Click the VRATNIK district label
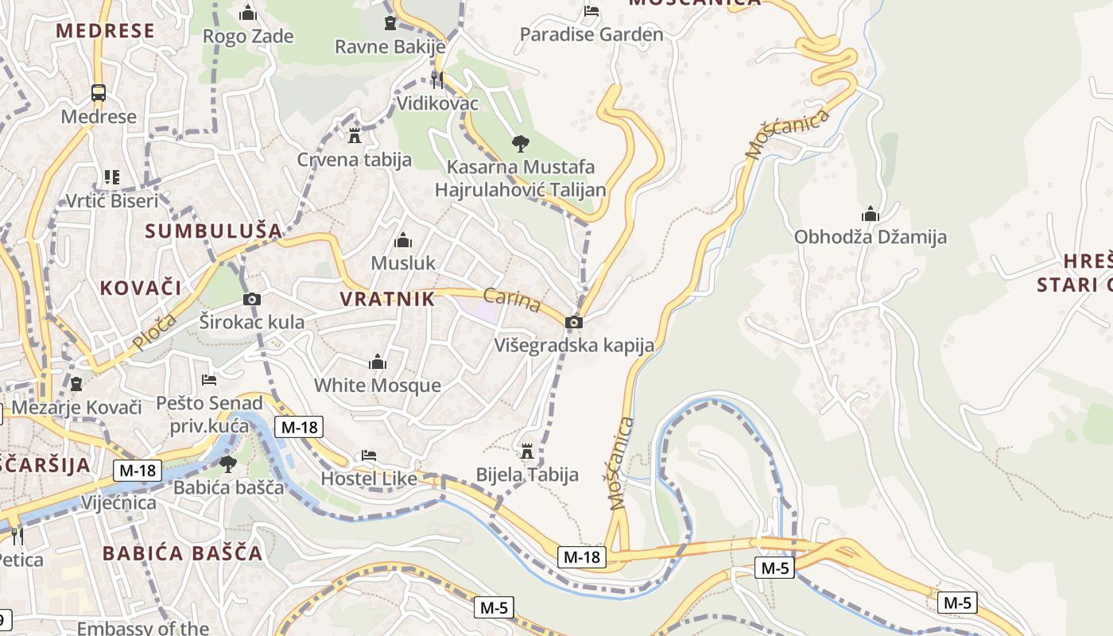click(387, 299)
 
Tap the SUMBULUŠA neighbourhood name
click(214, 231)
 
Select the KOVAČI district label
click(141, 288)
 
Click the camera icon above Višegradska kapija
click(573, 322)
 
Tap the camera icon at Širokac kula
click(252, 300)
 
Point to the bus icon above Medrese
click(99, 93)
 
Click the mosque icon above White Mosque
click(378, 363)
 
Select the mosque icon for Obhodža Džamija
click(871, 214)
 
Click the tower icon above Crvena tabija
click(355, 135)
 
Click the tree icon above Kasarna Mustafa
click(521, 144)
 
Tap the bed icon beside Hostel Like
click(369, 456)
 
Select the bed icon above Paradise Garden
click(591, 11)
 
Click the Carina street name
click(511, 300)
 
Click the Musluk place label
click(403, 262)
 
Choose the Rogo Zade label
click(248, 37)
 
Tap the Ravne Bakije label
click(390, 47)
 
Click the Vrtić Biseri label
click(111, 201)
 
